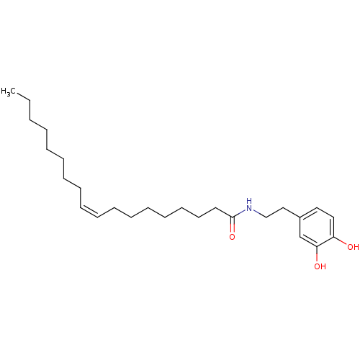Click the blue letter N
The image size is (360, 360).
pos(249,210)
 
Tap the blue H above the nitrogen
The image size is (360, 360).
pos(249,201)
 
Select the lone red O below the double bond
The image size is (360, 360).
pos(232,237)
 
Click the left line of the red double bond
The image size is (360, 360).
pos(230,225)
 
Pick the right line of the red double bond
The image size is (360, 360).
pos(234,225)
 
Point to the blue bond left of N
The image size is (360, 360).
pos(241,212)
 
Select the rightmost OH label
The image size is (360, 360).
pos(353,247)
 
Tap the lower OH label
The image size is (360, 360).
pos(320,266)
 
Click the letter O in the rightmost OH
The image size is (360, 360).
pos(350,247)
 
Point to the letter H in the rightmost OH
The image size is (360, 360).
pos(356,247)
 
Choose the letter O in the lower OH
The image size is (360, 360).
pos(317,266)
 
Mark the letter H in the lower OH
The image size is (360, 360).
pos(323,266)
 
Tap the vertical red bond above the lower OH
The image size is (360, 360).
pos(318,257)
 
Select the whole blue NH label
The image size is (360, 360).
pos(249,206)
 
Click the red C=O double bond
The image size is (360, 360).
pos(232,225)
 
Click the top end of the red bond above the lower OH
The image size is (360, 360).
pos(318,253)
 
